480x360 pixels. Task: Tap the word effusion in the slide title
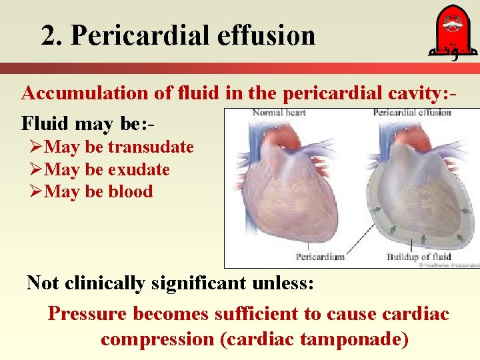coord(269,35)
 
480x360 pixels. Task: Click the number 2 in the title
coord(48,35)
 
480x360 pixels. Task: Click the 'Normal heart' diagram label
coord(279,113)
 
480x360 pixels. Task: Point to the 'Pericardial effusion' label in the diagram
coord(412,113)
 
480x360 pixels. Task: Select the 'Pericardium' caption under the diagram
coord(320,257)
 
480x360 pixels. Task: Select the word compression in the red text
coord(157,339)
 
